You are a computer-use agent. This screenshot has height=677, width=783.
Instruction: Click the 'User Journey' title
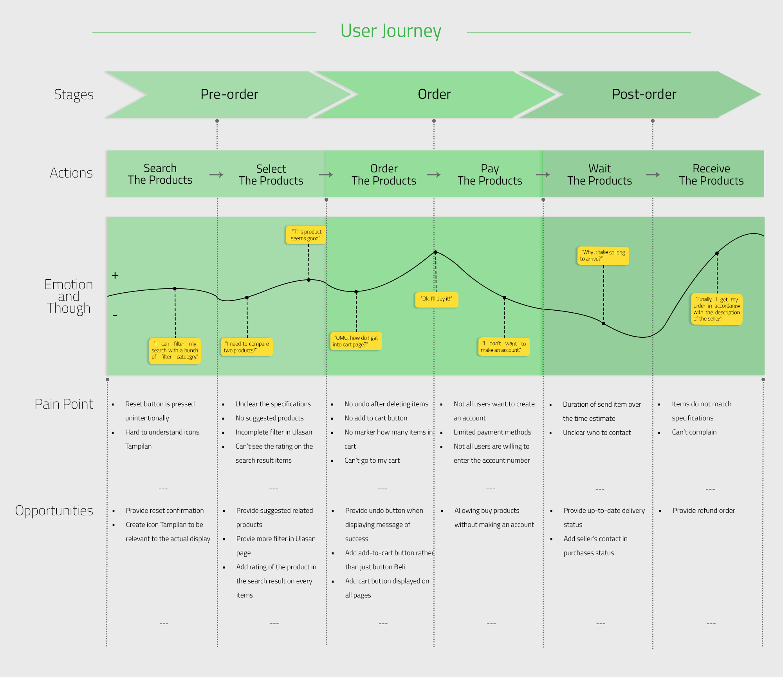(x=391, y=31)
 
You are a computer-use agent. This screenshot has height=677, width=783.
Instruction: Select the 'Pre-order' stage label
(x=229, y=94)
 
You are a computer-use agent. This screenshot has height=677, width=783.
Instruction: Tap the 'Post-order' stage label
(x=644, y=94)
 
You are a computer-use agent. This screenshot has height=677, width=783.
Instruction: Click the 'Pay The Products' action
(x=490, y=175)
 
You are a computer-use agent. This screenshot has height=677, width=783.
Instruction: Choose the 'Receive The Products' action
(x=711, y=175)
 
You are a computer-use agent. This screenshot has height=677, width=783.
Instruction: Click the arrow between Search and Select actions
(x=216, y=175)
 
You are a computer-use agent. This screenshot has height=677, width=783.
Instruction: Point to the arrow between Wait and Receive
(x=653, y=175)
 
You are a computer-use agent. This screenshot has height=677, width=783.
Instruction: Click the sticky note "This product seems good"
(x=306, y=235)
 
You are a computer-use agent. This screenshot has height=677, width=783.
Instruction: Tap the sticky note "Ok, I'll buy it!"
(x=437, y=299)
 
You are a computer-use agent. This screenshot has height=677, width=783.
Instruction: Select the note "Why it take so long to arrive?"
(x=603, y=256)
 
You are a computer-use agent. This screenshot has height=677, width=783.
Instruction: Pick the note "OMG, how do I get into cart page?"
(x=356, y=341)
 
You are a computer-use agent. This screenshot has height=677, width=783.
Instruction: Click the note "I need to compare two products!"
(x=247, y=347)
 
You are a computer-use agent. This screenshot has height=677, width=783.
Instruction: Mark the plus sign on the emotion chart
(x=115, y=275)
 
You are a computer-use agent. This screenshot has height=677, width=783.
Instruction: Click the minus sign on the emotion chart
(x=115, y=315)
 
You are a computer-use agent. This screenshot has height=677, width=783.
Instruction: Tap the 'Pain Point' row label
(x=64, y=404)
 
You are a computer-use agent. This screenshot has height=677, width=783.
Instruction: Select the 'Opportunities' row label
(x=54, y=510)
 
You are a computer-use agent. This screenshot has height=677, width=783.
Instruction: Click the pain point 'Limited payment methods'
(x=492, y=432)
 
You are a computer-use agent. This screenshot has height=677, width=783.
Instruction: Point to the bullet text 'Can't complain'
(x=694, y=432)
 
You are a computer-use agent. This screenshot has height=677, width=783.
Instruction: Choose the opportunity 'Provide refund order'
(x=704, y=510)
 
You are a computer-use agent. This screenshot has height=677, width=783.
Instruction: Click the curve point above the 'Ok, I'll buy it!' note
(x=435, y=252)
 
